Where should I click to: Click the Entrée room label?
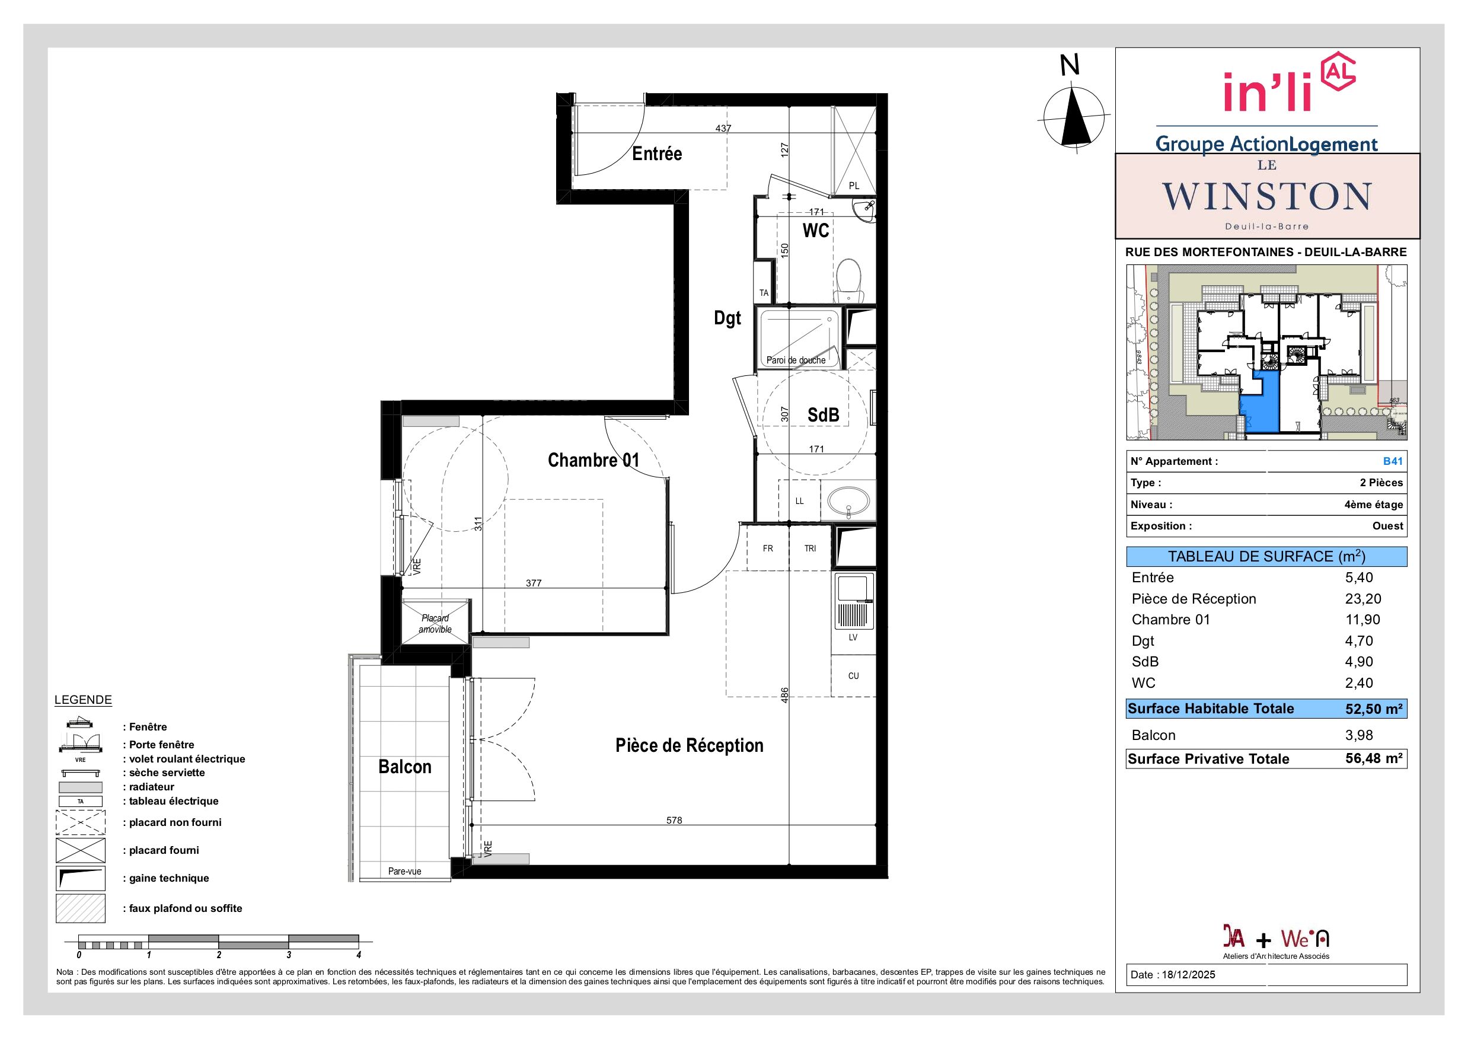pyautogui.click(x=657, y=154)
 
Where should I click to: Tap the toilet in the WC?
pyautogui.click(x=850, y=281)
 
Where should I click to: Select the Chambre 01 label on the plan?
pyautogui.click(x=593, y=460)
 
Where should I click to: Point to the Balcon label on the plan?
pyautogui.click(x=405, y=767)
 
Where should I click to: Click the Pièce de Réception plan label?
pyautogui.click(x=690, y=745)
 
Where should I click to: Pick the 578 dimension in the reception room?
pyautogui.click(x=674, y=820)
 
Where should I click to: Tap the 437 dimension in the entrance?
pyautogui.click(x=723, y=128)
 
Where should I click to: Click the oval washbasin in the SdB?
pyautogui.click(x=848, y=500)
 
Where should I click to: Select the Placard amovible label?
pyautogui.click(x=435, y=624)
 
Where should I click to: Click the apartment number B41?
pyautogui.click(x=1393, y=461)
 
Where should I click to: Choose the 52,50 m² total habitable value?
pyautogui.click(x=1374, y=709)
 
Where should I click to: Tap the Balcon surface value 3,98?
pyautogui.click(x=1359, y=736)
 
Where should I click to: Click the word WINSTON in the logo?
pyautogui.click(x=1266, y=197)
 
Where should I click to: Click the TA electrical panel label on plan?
pyautogui.click(x=764, y=293)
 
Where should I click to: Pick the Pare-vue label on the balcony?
pyautogui.click(x=405, y=872)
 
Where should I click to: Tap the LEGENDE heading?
pyautogui.click(x=83, y=700)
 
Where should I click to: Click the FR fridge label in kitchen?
pyautogui.click(x=768, y=548)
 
